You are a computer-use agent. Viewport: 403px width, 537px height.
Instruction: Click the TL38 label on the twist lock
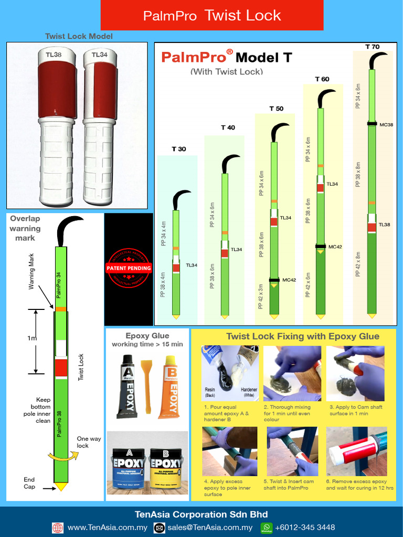click(54, 54)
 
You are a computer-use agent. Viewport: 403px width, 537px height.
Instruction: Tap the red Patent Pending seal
click(129, 268)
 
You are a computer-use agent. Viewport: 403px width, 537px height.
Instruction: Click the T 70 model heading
click(372, 47)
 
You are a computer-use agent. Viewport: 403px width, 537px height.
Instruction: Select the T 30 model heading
click(178, 149)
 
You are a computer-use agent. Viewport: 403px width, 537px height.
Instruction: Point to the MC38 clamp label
click(386, 124)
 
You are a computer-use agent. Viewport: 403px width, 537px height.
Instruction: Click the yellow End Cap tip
click(61, 487)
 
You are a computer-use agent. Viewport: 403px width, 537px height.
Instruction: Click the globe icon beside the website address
click(57, 528)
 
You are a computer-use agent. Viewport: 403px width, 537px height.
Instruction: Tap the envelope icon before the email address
click(158, 528)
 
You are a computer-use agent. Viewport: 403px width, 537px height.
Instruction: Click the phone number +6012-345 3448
click(305, 528)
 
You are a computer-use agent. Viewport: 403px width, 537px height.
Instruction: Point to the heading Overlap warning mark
click(25, 228)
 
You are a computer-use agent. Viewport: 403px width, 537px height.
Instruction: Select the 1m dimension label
click(32, 338)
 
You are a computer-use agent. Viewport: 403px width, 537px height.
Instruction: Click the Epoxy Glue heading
click(147, 336)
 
